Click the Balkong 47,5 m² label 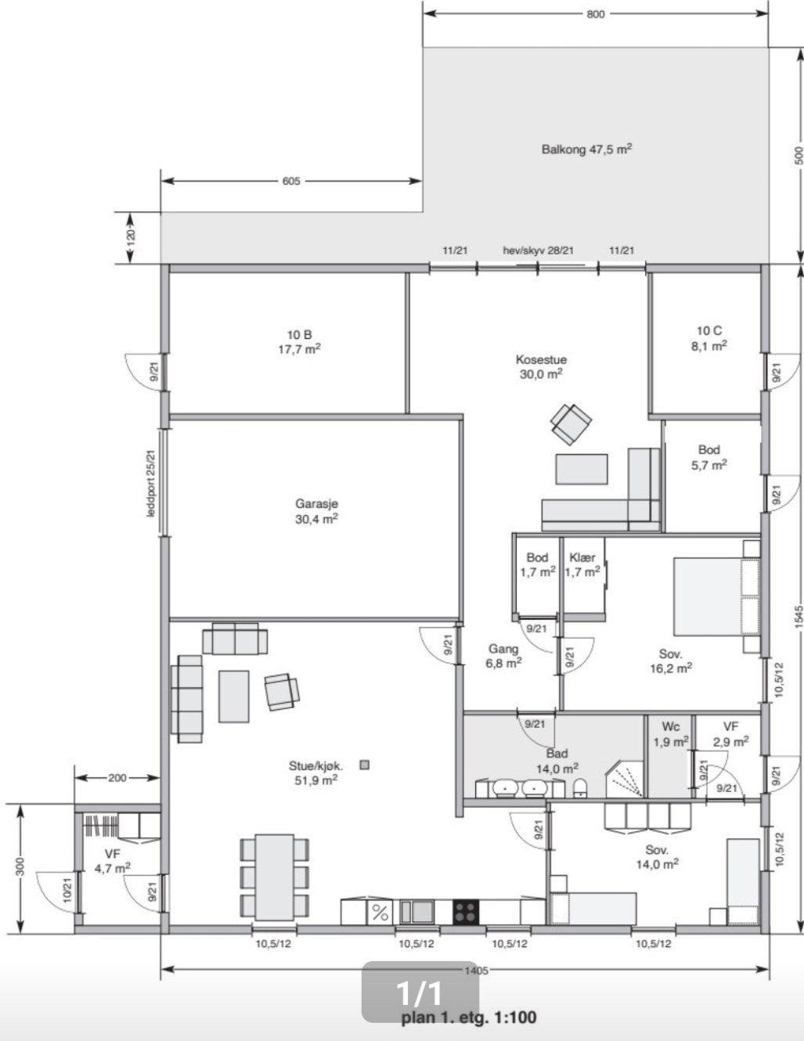586,149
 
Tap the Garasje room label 316,510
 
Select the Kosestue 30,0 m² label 541,366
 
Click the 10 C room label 708,338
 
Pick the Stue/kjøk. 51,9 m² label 315,773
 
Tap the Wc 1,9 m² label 670,733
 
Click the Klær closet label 582,564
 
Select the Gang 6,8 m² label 503,655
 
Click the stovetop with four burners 465,911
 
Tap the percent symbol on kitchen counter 380,912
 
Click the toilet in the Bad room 579,787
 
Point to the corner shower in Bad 625,779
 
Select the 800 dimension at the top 595,14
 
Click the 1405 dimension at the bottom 475,971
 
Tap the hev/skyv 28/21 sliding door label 538,250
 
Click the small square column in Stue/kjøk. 364,765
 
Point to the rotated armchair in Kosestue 571,423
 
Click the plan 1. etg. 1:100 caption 468,1018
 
